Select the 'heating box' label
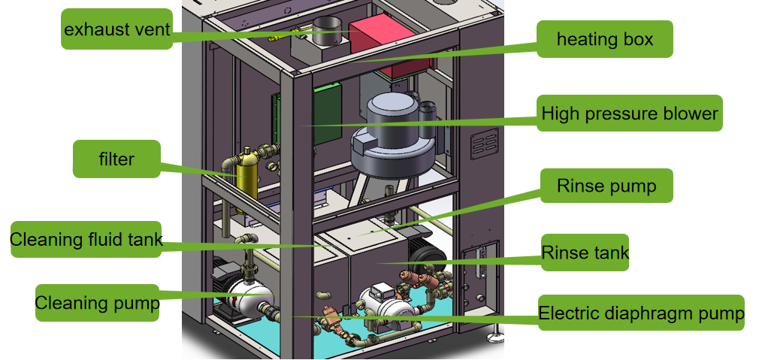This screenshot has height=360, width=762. click(604, 39)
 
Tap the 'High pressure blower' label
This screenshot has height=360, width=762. click(630, 114)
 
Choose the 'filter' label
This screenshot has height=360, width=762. click(116, 159)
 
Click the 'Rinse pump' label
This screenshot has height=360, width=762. click(606, 186)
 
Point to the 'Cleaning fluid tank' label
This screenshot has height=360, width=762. click(86, 241)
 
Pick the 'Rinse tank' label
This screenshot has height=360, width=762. click(585, 253)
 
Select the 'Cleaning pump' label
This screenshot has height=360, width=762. click(97, 303)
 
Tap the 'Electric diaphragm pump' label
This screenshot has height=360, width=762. click(640, 313)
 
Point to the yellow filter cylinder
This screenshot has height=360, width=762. click(245, 177)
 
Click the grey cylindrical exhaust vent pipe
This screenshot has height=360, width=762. click(326, 30)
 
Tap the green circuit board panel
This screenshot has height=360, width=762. click(327, 113)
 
